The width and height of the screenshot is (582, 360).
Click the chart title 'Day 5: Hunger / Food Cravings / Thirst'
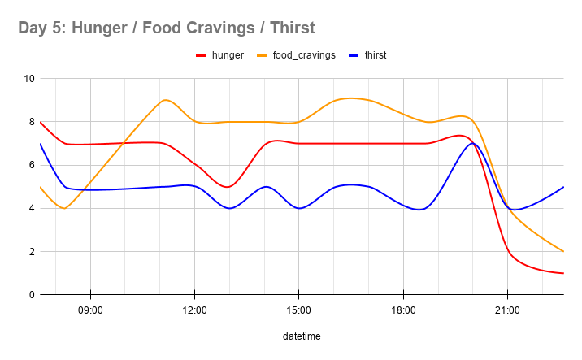tap(166, 28)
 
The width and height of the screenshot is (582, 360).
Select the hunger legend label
tap(228, 55)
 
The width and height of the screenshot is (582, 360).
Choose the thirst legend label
tap(375, 55)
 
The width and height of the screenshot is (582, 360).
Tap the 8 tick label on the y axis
tap(30, 122)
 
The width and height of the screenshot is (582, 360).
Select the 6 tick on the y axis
tap(30, 165)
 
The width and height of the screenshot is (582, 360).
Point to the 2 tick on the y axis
tap(30, 252)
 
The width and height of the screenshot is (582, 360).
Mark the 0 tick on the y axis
tap(30, 295)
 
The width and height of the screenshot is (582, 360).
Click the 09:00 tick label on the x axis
tap(90, 310)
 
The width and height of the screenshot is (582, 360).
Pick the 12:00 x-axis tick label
tap(194, 310)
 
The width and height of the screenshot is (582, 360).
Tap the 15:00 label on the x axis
tap(298, 310)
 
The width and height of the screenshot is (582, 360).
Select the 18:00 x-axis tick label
tap(403, 310)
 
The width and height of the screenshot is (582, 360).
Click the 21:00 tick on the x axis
tap(507, 310)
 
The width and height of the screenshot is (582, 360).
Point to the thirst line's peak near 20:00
tap(472, 144)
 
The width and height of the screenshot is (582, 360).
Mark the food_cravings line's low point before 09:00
tap(64, 208)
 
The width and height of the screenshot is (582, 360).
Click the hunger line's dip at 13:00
tap(229, 187)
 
